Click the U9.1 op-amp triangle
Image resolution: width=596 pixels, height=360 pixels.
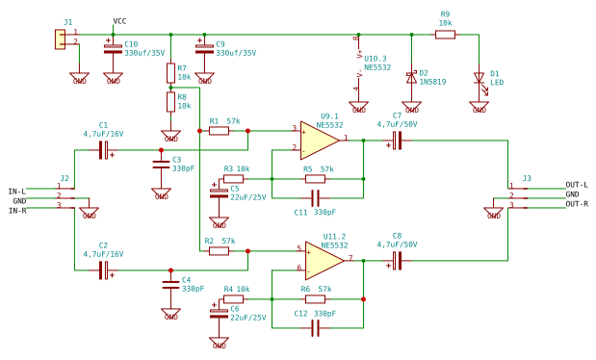point(319,140)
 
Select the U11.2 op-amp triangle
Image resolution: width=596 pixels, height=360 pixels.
point(324,260)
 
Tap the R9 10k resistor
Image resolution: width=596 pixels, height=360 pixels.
point(445,35)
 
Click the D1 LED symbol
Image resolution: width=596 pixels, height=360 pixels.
point(479,77)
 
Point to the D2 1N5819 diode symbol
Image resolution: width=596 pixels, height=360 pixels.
point(411,76)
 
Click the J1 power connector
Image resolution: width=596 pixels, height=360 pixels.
point(60,39)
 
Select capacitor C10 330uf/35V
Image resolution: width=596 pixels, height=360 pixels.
point(113,47)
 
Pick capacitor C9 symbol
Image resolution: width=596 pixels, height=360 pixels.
point(204,47)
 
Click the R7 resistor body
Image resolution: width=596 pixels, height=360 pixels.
point(170,72)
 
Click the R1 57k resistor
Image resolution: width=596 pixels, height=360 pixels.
point(219,130)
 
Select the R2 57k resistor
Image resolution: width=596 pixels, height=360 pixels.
point(219,250)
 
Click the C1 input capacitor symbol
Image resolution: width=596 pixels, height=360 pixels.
point(103,149)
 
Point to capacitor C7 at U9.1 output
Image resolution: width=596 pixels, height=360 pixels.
point(395,140)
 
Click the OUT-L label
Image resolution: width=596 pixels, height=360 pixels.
point(577,185)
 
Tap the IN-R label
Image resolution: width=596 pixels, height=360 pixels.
point(16,210)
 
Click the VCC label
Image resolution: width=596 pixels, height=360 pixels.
point(119,21)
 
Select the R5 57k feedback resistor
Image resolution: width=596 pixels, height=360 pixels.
point(315,178)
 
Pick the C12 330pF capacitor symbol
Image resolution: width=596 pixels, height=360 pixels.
point(315,327)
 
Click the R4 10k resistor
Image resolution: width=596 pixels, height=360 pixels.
point(233,298)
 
